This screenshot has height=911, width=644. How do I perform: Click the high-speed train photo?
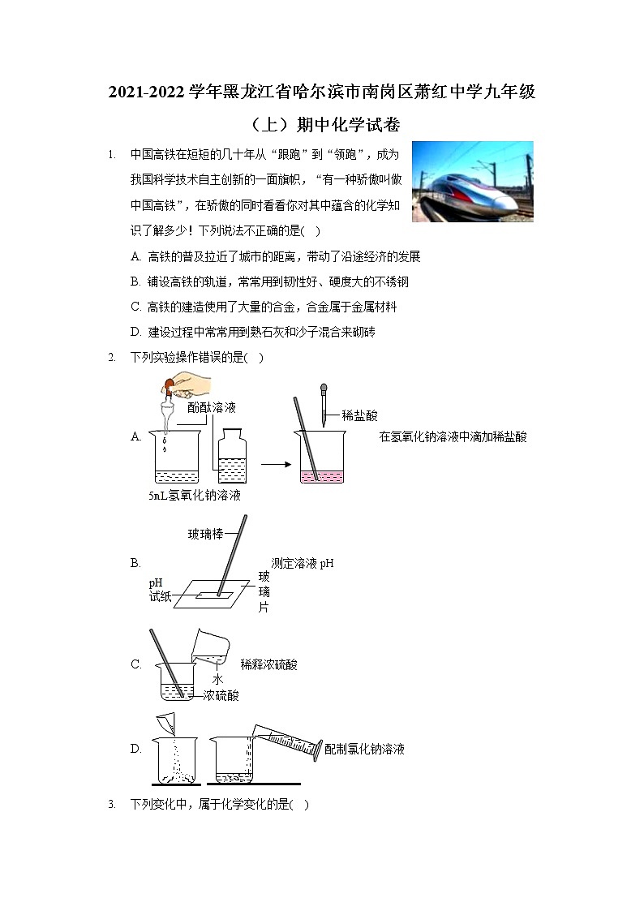[x=472, y=181]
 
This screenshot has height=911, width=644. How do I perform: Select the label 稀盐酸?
[x=359, y=415]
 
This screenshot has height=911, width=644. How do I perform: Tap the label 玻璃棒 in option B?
[x=205, y=534]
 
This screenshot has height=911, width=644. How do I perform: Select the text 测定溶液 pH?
[x=303, y=564]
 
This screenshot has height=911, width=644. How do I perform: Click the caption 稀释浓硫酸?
[x=268, y=665]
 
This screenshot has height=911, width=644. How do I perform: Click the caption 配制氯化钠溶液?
[x=364, y=749]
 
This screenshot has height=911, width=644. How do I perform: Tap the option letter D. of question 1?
[x=135, y=332]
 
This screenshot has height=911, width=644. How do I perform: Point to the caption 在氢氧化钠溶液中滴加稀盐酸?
[x=453, y=436]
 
